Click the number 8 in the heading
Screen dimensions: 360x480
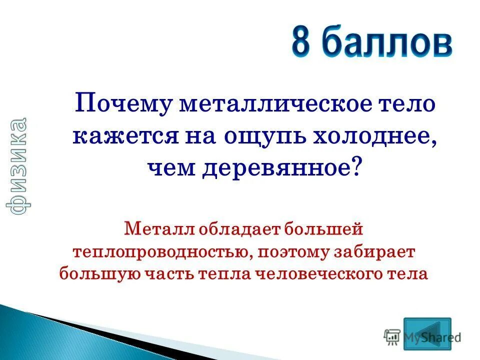(303, 44)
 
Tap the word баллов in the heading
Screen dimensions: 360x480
(385, 44)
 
